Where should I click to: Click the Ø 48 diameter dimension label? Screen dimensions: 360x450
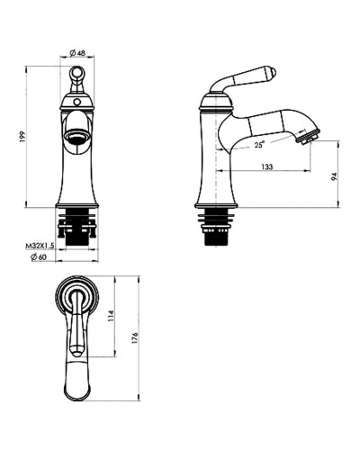click(77, 53)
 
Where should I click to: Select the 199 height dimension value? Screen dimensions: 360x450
click(23, 136)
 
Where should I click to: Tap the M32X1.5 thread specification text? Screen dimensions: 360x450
click(40, 247)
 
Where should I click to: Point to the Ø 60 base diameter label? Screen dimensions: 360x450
click(39, 257)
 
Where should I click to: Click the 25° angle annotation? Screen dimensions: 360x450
click(260, 144)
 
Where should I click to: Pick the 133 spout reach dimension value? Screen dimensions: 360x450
click(267, 166)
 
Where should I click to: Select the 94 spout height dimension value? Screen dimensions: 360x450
click(335, 176)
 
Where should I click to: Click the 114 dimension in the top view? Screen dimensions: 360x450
click(111, 316)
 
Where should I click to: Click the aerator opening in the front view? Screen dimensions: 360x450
click(76, 137)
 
